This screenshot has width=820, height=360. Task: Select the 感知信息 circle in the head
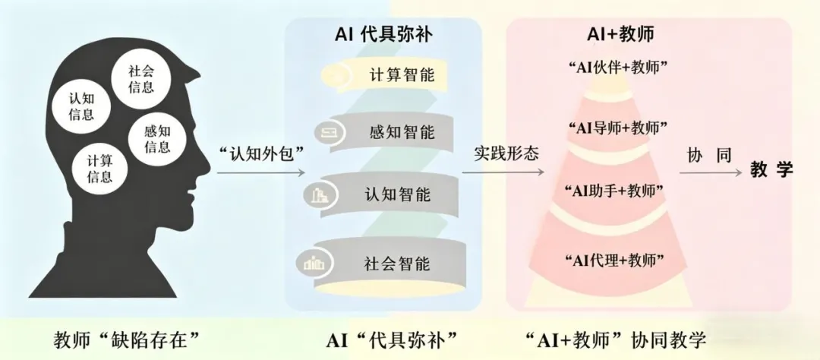[157, 138]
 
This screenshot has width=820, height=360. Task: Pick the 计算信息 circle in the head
[99, 168]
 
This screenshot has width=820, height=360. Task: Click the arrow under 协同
[709, 173]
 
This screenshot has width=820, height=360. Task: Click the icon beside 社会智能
[313, 264]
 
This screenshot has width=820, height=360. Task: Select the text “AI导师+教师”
[617, 127]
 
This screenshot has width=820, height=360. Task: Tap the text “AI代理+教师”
[617, 261]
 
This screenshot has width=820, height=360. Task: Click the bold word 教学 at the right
[771, 170]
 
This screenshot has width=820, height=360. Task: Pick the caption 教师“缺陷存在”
[131, 338]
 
